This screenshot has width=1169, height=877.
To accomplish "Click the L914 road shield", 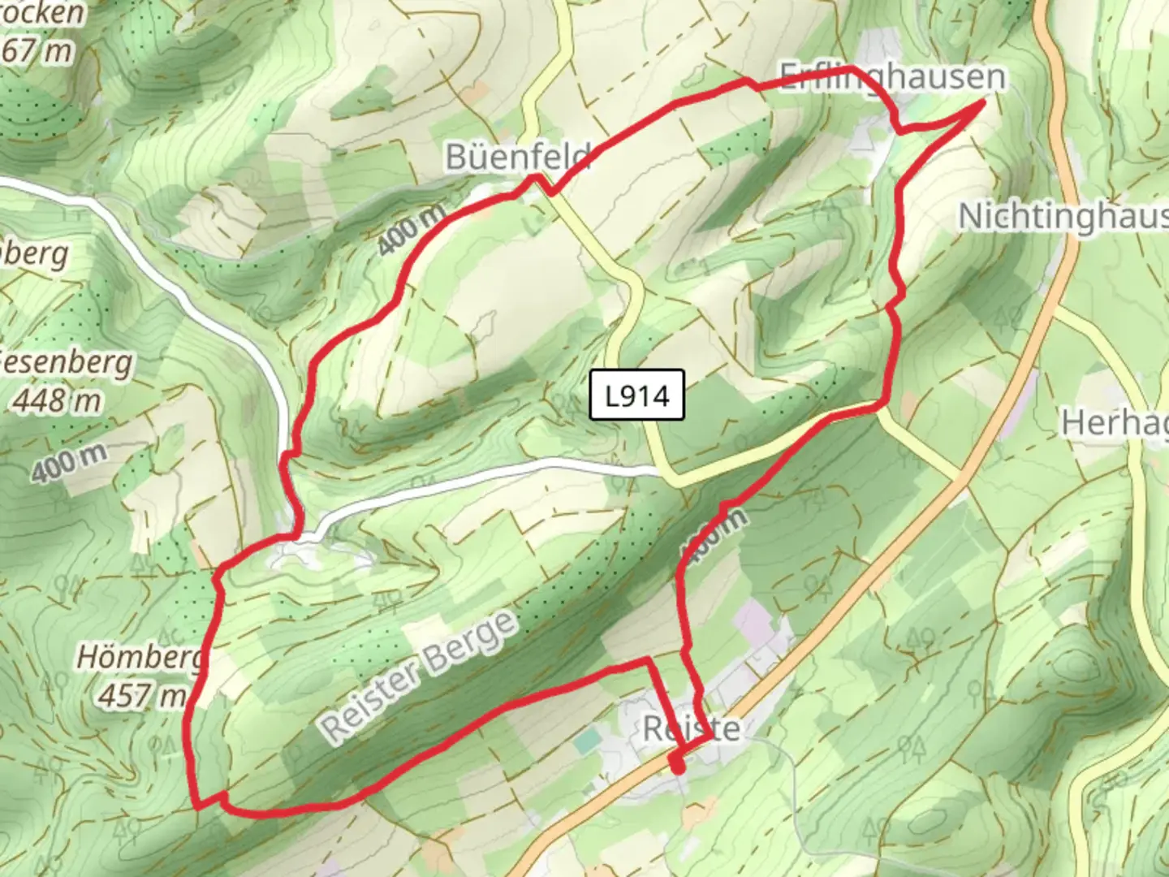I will tap(637, 395).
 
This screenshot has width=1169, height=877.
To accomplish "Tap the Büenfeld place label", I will tap(517, 156).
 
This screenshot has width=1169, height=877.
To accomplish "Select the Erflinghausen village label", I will tap(892, 77).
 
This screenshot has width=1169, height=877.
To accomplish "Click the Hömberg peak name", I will tap(140, 657).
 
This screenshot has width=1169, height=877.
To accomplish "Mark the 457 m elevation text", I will tap(141, 695).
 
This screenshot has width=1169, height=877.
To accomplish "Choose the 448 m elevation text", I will tap(57, 400).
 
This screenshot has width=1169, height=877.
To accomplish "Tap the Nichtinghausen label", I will tap(1063, 218).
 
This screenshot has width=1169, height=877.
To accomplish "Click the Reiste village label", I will tap(691, 728).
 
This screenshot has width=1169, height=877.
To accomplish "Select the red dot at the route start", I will tap(677, 765).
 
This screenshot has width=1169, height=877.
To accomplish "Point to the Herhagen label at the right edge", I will tap(1115, 423).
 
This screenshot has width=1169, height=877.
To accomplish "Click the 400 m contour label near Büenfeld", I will tap(412, 229).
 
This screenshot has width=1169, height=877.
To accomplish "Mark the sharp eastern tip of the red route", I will tap(983, 102).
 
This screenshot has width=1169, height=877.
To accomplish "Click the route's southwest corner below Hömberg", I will tap(198, 807).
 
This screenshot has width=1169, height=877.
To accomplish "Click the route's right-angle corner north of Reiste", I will tap(648, 661).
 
